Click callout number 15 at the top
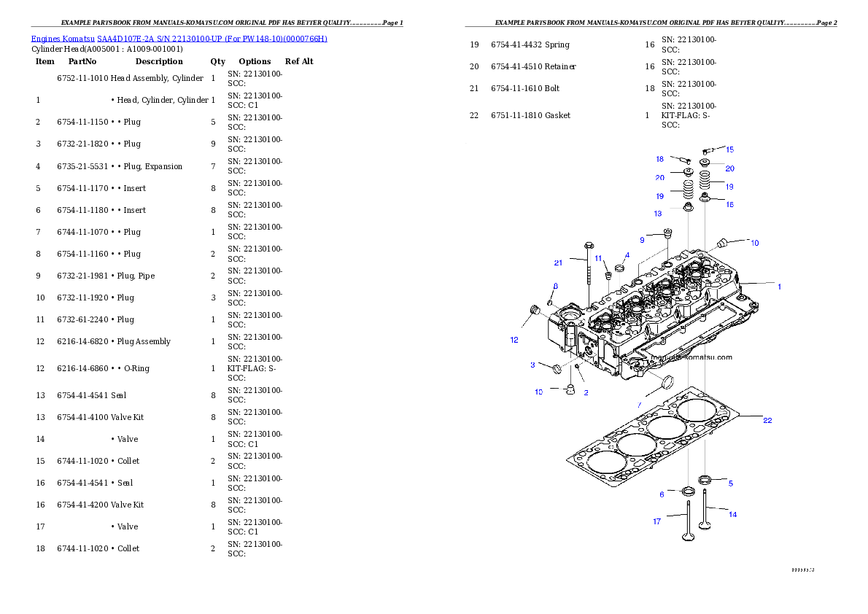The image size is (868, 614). pos(729,149)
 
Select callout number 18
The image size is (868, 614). pos(659,159)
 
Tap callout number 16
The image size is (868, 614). pos(729,205)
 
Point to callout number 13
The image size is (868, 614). pos(658,214)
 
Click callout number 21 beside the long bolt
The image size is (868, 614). pos(558,263)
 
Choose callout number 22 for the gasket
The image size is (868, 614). pos(767,421)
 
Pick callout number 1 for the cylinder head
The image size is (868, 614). pos(779,287)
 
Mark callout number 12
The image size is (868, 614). pos(514,339)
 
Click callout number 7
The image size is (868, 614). pos(639,405)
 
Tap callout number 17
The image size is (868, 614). pos(656,521)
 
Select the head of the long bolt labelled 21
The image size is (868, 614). pos(589,246)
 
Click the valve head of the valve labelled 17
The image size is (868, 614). pos(688,538)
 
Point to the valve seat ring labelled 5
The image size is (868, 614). pos(705,479)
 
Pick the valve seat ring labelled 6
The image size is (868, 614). pos(688,489)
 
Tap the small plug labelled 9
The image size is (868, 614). pos(667,234)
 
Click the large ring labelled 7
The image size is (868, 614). pos(666,381)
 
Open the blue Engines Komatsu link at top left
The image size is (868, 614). pos(179,38)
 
